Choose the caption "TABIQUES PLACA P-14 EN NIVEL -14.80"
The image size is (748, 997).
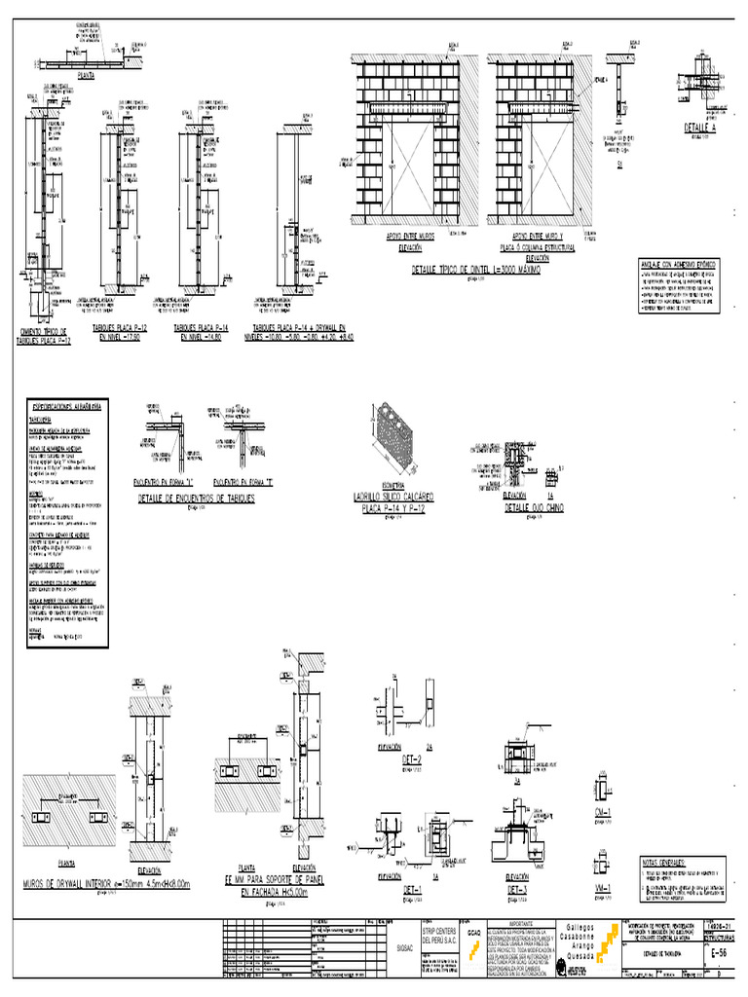198,332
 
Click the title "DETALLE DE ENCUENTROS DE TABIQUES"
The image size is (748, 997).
196,498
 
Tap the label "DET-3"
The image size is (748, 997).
518,888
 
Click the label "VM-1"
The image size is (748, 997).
603,888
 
